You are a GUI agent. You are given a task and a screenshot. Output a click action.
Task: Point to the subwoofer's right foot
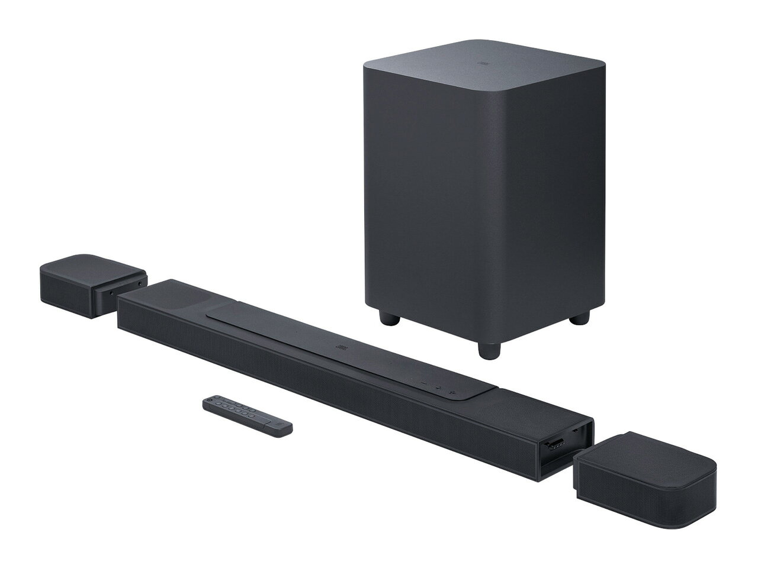576,319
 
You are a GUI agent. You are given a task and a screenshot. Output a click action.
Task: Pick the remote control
248,417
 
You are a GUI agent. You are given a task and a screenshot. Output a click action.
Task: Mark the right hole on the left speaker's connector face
139,284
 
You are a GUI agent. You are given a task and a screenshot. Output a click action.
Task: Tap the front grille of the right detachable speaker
628,491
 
